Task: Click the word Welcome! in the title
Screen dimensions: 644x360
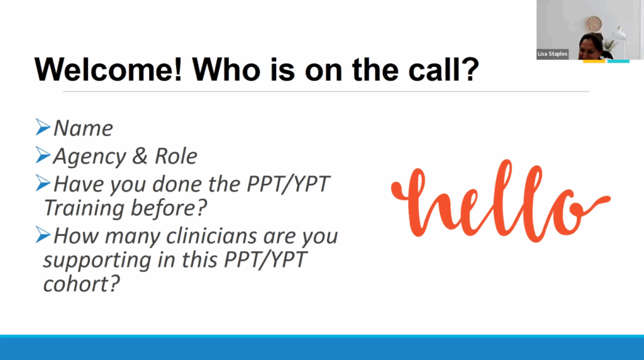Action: click(108, 69)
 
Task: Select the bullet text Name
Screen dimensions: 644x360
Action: click(84, 128)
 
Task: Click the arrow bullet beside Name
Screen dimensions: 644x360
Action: click(43, 127)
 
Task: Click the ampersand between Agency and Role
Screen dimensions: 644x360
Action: click(140, 155)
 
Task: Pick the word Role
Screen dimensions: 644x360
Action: click(176, 156)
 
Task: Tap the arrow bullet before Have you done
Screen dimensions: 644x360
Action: click(43, 183)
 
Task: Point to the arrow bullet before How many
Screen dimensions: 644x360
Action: click(43, 235)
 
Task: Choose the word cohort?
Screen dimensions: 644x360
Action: click(81, 284)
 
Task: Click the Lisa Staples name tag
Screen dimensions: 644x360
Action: click(552, 54)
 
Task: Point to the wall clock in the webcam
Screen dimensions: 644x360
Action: click(593, 24)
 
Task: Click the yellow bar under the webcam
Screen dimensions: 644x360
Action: click(594, 62)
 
